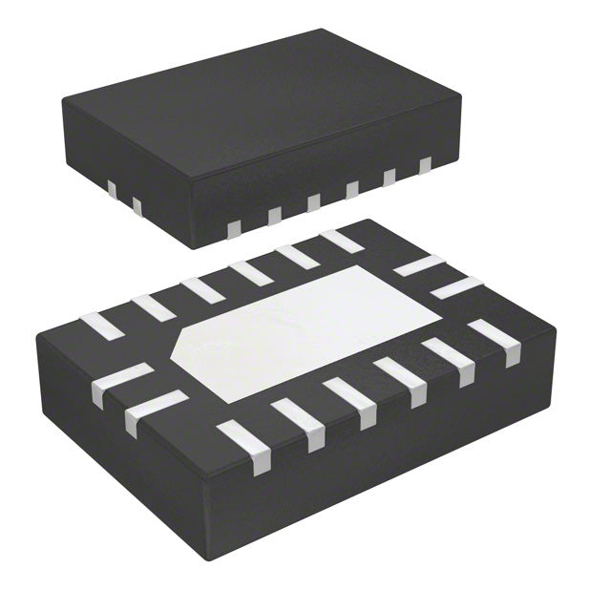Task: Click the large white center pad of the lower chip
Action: click(x=305, y=329)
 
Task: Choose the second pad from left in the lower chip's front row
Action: click(x=299, y=423)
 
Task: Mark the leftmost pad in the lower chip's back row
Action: click(x=101, y=326)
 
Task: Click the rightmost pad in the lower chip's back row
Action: click(x=342, y=241)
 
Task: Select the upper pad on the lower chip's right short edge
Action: click(x=418, y=265)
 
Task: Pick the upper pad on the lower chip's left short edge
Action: click(x=121, y=379)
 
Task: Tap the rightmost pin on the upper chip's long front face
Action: click(x=425, y=165)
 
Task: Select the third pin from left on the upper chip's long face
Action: click(x=314, y=201)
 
